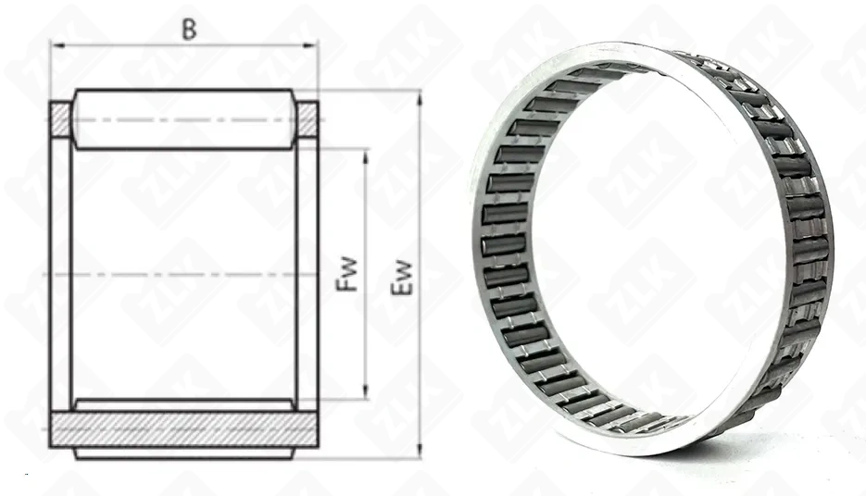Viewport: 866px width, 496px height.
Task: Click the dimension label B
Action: click(189, 30)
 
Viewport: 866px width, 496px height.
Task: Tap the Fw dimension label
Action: click(347, 275)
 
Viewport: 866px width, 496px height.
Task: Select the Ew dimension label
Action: click(402, 278)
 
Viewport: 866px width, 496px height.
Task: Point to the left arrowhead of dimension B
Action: click(56, 45)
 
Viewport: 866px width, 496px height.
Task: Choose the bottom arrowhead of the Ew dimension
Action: click(420, 451)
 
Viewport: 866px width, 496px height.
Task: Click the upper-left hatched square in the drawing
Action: click(61, 119)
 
